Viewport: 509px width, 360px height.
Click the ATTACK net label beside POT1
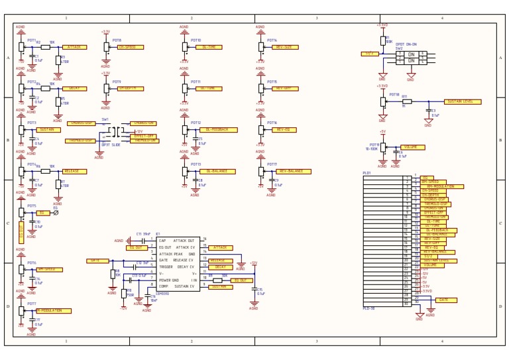[74, 47]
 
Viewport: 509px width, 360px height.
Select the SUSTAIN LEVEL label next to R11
[462, 101]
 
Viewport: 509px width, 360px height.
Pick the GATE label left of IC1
[97, 261]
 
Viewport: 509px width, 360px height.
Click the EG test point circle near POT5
[56, 213]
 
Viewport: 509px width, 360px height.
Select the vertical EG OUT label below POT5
[21, 232]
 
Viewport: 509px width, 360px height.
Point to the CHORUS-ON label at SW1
[143, 123]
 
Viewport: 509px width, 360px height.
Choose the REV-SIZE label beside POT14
[286, 47]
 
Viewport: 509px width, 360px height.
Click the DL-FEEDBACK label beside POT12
[217, 130]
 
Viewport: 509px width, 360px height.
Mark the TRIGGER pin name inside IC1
[166, 267]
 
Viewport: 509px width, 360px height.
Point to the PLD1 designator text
[367, 173]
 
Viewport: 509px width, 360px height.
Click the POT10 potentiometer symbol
[184, 47]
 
